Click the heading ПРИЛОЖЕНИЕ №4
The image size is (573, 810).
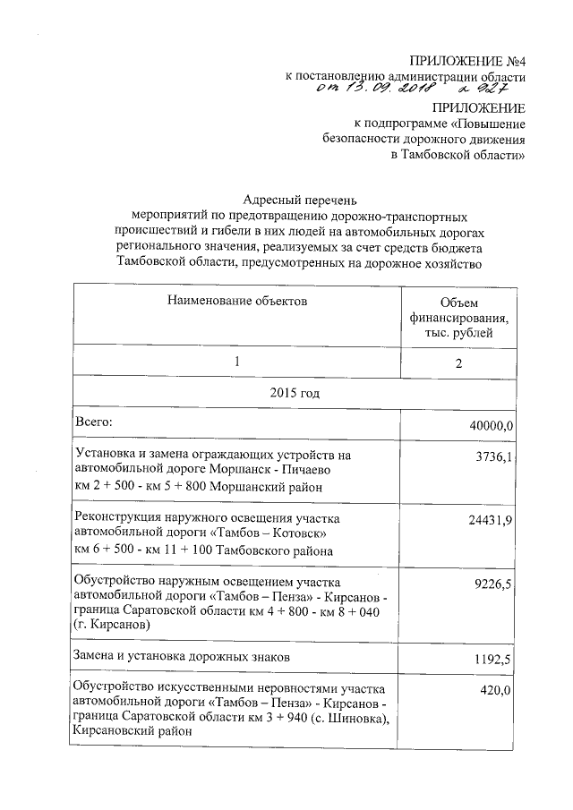click(466, 61)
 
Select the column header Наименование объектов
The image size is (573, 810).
click(236, 302)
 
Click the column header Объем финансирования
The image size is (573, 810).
click(460, 319)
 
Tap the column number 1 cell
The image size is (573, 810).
click(236, 362)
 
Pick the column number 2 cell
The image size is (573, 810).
click(460, 362)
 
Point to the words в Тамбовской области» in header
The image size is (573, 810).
click(458, 154)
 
